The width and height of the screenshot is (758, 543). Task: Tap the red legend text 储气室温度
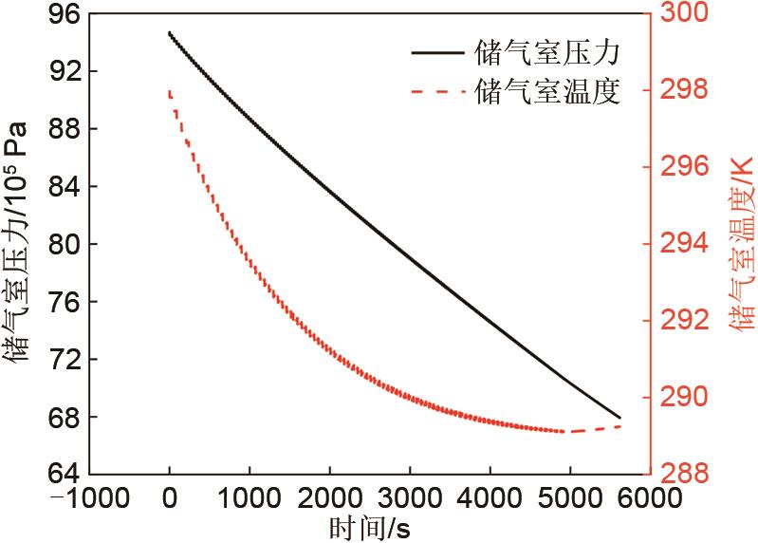(545, 92)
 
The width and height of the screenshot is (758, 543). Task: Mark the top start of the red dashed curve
(169, 91)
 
